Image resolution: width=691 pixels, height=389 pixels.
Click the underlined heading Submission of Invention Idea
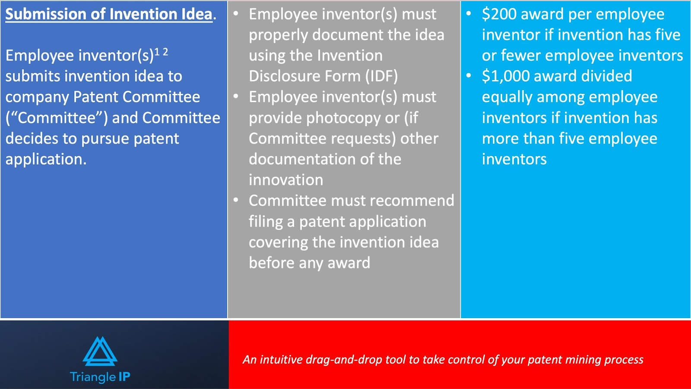(x=109, y=15)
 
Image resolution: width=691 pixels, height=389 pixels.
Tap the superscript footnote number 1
(x=157, y=52)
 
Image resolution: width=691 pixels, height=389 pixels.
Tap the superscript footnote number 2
(x=165, y=52)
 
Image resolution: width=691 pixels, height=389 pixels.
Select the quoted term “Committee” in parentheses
(x=57, y=118)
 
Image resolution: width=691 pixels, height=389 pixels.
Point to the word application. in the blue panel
(x=46, y=159)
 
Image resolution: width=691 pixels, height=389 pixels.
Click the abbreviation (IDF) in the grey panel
(x=382, y=76)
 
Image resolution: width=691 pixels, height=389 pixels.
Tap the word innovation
(x=286, y=180)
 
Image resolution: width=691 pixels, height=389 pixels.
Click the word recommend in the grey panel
(x=412, y=201)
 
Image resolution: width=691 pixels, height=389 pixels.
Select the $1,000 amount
(x=506, y=76)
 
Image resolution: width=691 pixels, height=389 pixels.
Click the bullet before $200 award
(x=469, y=13)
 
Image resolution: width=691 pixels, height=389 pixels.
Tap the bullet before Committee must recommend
(x=236, y=200)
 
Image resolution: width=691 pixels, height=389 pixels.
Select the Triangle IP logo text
(x=100, y=377)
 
